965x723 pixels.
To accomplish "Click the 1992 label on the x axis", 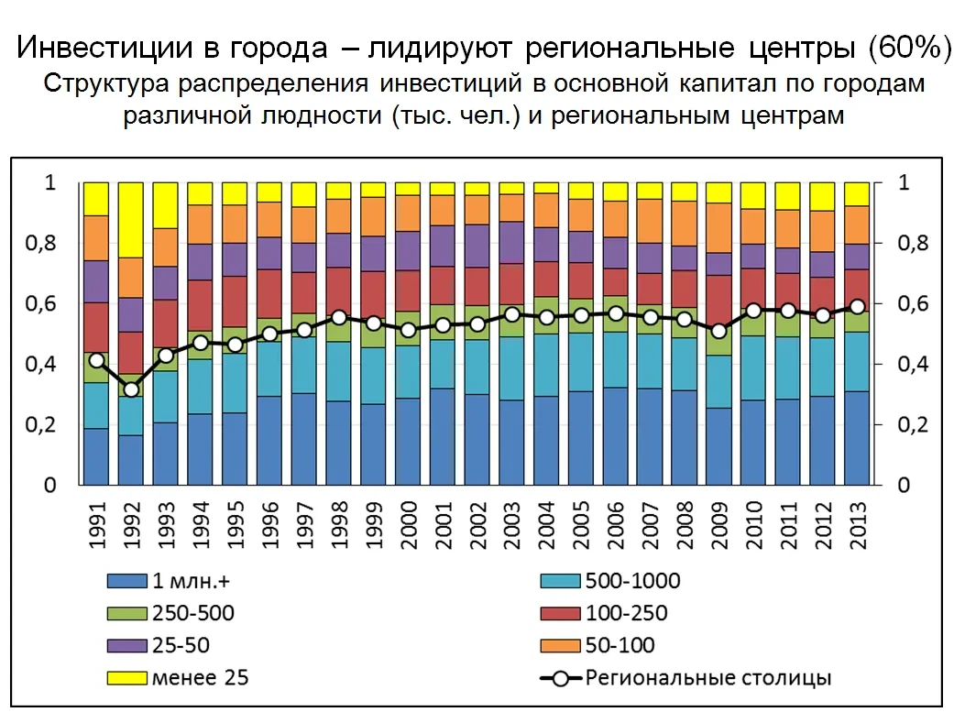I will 131,524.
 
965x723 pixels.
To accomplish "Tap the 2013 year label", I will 858,524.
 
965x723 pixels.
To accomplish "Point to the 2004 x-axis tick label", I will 546,524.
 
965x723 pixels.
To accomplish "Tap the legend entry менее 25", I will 199,678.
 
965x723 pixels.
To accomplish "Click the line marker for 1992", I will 131,389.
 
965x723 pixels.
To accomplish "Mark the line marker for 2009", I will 719,331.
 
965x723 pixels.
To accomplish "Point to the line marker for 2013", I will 858,307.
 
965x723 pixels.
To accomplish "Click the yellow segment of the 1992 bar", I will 131,220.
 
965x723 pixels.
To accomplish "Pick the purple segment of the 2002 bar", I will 477,246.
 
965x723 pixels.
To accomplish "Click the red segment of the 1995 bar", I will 235,301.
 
